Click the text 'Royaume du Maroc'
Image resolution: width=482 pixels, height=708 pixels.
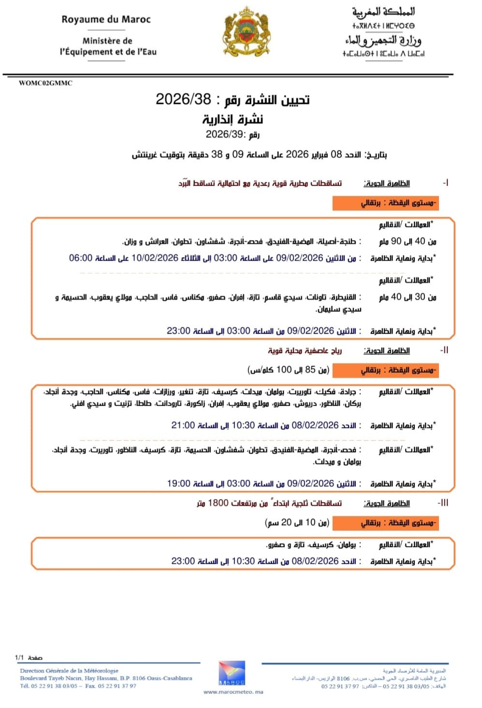pyautogui.click(x=106, y=20)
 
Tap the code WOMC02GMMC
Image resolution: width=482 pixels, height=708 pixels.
pyautogui.click(x=45, y=83)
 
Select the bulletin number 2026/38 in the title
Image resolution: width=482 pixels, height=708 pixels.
pyautogui.click(x=183, y=99)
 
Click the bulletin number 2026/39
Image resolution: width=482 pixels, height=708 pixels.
pyautogui.click(x=226, y=134)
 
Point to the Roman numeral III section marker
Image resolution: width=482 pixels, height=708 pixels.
pyautogui.click(x=442, y=503)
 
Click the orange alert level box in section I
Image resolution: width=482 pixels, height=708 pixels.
pyautogui.click(x=385, y=203)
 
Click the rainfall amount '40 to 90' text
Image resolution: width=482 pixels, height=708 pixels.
pyautogui.click(x=408, y=241)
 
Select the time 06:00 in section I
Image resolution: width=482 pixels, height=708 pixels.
pyautogui.click(x=81, y=258)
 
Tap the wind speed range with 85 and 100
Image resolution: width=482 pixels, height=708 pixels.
pyautogui.click(x=289, y=370)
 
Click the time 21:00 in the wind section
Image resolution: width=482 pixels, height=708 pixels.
pyautogui.click(x=183, y=426)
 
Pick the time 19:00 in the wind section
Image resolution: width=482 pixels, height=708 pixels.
pyautogui.click(x=179, y=484)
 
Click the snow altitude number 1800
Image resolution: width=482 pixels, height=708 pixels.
pyautogui.click(x=218, y=503)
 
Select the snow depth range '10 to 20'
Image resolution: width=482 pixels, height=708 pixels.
pyautogui.click(x=297, y=523)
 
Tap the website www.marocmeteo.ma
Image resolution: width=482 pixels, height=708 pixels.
pyautogui.click(x=233, y=692)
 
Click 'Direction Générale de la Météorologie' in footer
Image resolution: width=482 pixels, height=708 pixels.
pyautogui.click(x=69, y=671)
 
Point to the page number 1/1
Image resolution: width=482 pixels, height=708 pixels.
pyautogui.click(x=19, y=658)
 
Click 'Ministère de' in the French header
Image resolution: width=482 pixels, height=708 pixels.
pyautogui.click(x=107, y=41)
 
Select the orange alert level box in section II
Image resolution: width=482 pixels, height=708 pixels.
pyautogui.click(x=385, y=370)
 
